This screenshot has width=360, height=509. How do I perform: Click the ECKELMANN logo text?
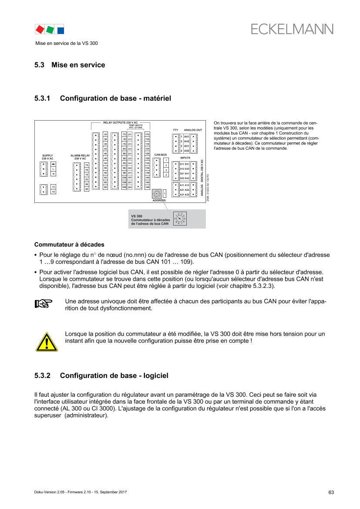tap(292, 29)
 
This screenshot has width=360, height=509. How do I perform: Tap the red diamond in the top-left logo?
tap(40, 29)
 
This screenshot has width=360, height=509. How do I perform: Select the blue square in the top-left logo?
tap(61, 30)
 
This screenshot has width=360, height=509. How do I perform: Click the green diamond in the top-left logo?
tap(50, 30)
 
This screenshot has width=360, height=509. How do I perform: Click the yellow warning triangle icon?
tap(46, 342)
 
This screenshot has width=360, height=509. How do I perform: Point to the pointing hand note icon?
tap(44, 303)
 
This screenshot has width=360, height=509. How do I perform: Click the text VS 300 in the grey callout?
tap(137, 216)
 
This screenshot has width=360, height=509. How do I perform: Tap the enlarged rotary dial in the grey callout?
tap(179, 218)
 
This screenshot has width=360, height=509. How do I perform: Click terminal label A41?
tap(187, 137)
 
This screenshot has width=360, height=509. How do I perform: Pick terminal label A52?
tap(187, 151)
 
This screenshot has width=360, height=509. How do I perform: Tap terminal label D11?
tap(182, 164)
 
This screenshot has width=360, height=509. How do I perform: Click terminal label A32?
tap(187, 195)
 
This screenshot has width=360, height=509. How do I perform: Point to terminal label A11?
tap(182, 185)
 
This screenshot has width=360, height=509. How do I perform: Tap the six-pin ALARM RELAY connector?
tap(77, 176)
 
